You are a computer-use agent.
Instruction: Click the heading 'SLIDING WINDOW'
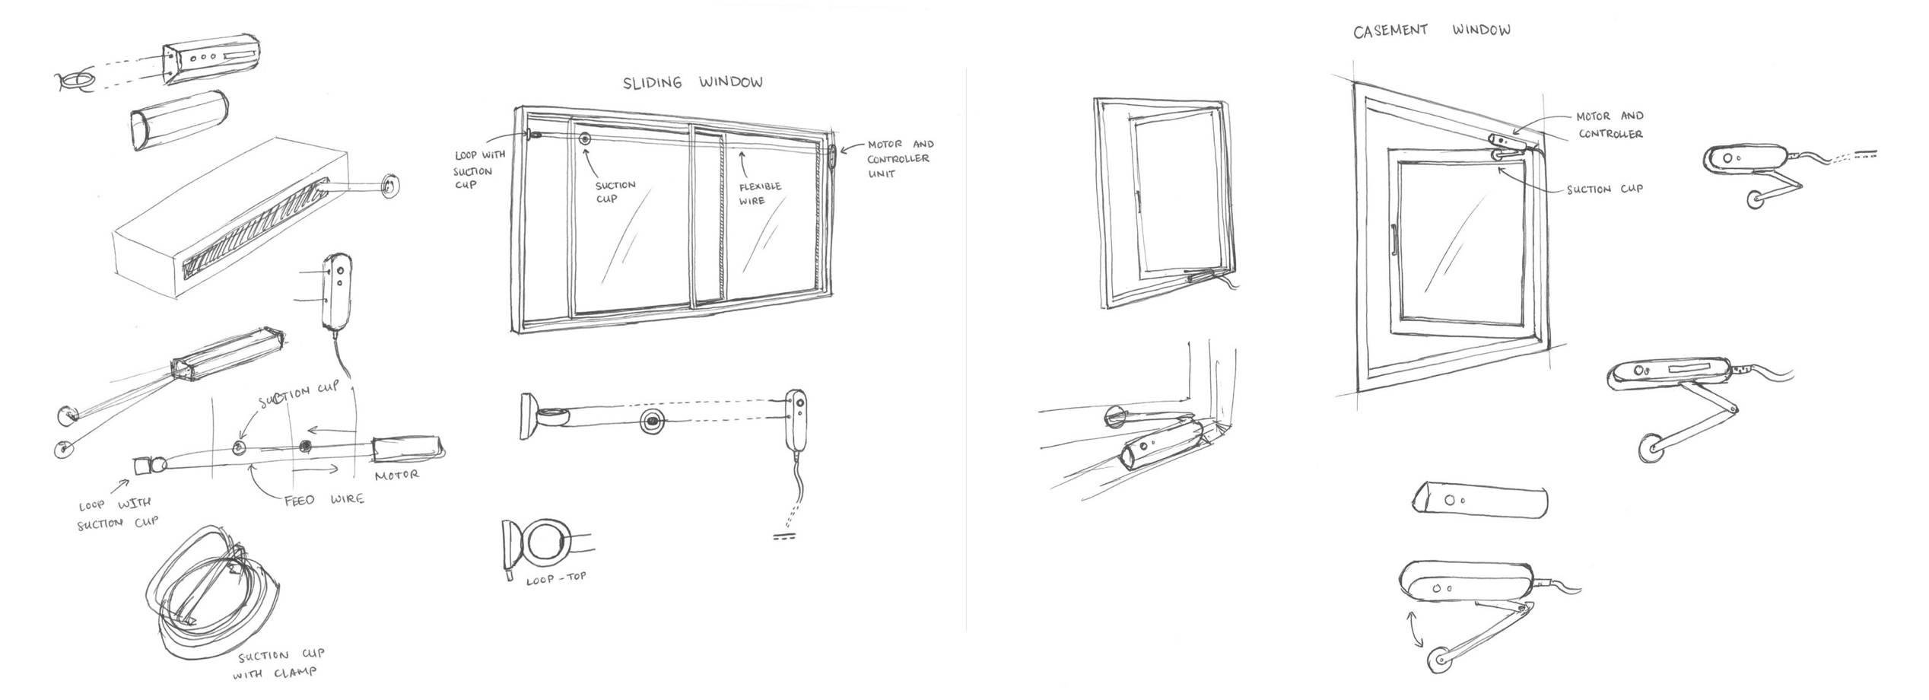point(692,82)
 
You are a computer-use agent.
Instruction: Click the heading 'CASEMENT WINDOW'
point(1431,30)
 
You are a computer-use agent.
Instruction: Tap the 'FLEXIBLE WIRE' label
point(759,193)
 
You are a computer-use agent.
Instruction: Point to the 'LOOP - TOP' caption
point(556,578)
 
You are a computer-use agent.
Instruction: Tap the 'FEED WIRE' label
point(324,500)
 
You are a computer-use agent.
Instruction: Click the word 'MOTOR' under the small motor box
point(396,475)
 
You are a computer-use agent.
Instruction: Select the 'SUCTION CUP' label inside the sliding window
point(615,192)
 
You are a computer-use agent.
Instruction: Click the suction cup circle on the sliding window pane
point(585,139)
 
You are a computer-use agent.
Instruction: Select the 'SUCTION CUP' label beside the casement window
point(1603,189)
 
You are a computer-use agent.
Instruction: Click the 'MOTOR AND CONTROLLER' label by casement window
point(1609,125)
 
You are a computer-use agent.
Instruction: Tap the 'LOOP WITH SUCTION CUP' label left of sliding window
point(479,170)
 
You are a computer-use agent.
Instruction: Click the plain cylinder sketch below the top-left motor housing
point(177,122)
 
